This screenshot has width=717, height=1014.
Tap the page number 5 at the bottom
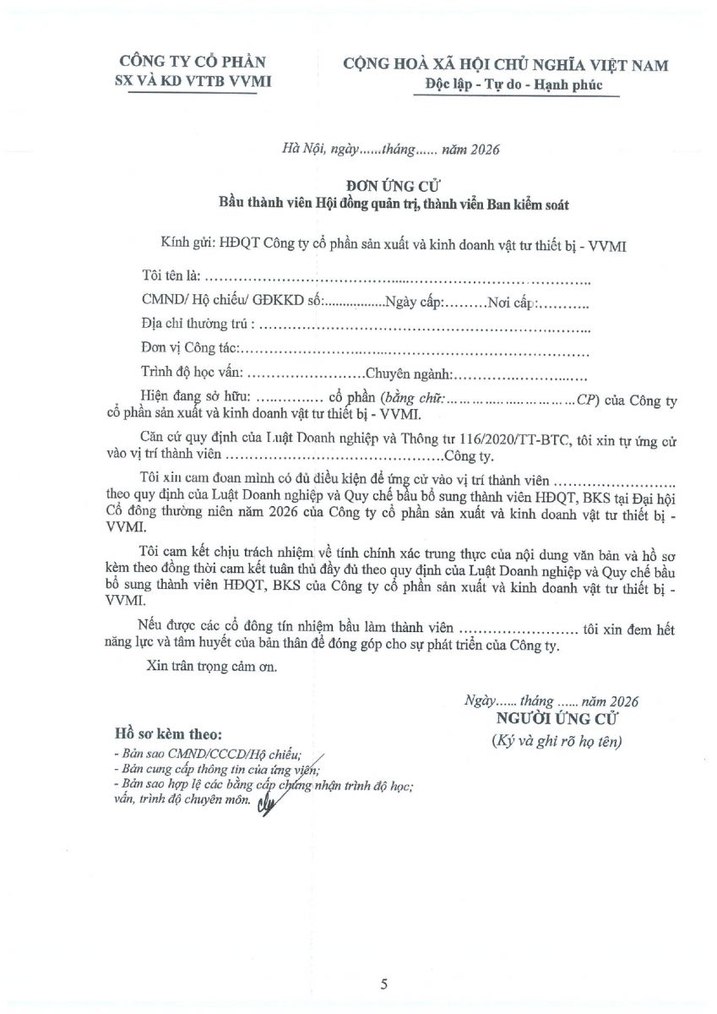pyautogui.click(x=384, y=984)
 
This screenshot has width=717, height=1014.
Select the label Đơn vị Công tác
pyautogui.click(x=190, y=347)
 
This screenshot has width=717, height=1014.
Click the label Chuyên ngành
pyautogui.click(x=410, y=372)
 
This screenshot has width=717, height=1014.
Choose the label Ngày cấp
pyautogui.click(x=413, y=300)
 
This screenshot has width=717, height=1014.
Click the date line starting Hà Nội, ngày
pyautogui.click(x=391, y=150)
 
